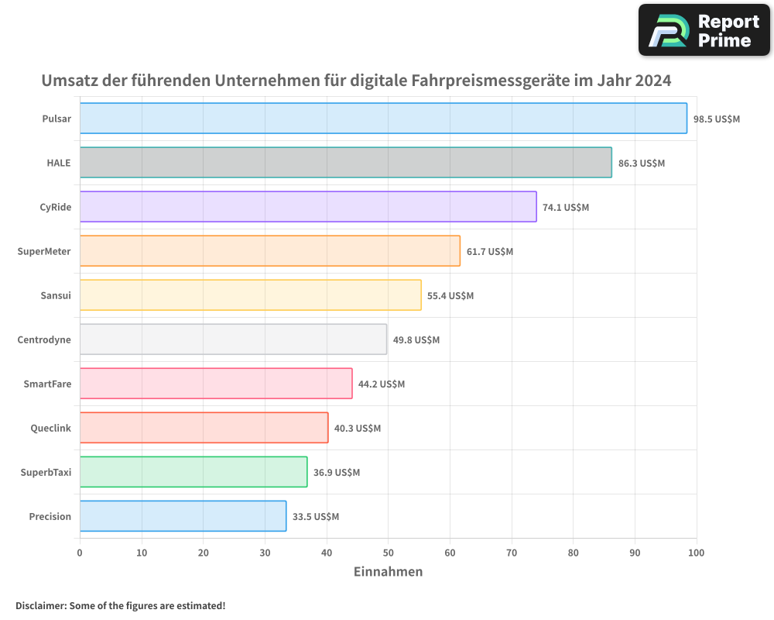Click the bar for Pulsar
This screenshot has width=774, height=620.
383,119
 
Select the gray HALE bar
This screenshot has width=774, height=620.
345,163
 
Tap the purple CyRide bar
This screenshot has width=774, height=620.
308,207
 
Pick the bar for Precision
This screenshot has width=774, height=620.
183,516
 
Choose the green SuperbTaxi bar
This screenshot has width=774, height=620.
193,472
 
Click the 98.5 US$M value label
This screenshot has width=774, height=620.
717,119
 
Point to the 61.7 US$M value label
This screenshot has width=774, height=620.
489,252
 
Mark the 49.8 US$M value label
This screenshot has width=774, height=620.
416,340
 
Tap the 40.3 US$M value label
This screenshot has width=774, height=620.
357,429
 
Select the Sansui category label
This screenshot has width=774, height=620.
56,295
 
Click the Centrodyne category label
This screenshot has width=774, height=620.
44,339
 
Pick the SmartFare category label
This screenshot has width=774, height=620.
47,384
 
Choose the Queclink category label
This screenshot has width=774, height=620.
51,428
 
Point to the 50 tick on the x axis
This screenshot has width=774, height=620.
388,553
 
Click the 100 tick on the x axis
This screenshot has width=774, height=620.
697,553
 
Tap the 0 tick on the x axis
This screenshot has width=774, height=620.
80,553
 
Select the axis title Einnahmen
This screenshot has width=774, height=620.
388,572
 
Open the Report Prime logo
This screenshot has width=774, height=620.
704,30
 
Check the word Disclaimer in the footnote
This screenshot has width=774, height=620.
40,605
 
